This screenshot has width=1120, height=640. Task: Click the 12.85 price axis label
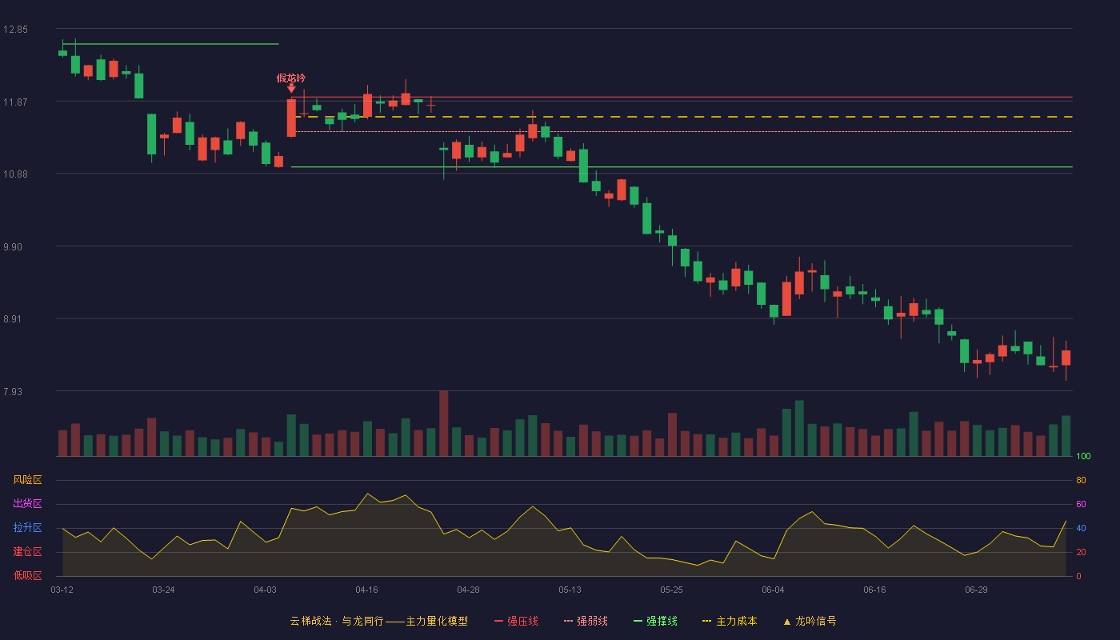click(15, 30)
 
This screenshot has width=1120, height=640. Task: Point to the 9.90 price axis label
click(13, 247)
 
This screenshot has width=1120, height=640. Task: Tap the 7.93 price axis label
click(13, 391)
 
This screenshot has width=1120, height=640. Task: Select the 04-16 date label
click(366, 590)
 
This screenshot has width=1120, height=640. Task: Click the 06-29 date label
click(976, 590)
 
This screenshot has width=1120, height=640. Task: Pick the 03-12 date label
click(62, 590)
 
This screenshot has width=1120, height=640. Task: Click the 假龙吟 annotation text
click(291, 78)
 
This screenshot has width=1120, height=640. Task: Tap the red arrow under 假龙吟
click(291, 89)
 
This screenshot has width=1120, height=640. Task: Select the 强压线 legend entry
click(516, 621)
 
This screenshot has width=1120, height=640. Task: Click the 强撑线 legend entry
click(655, 621)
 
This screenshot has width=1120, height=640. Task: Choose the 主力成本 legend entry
click(730, 621)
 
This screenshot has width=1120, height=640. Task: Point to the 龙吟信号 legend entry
click(810, 621)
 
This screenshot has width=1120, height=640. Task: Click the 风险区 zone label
click(27, 480)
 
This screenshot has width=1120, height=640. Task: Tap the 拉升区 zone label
click(27, 527)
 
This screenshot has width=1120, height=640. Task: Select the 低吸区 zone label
click(27, 575)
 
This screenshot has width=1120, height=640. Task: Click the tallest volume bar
click(443, 423)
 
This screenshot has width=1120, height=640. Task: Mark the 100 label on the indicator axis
click(1083, 456)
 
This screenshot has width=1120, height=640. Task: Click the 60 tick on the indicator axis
click(1081, 504)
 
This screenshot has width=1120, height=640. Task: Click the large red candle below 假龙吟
click(291, 118)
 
